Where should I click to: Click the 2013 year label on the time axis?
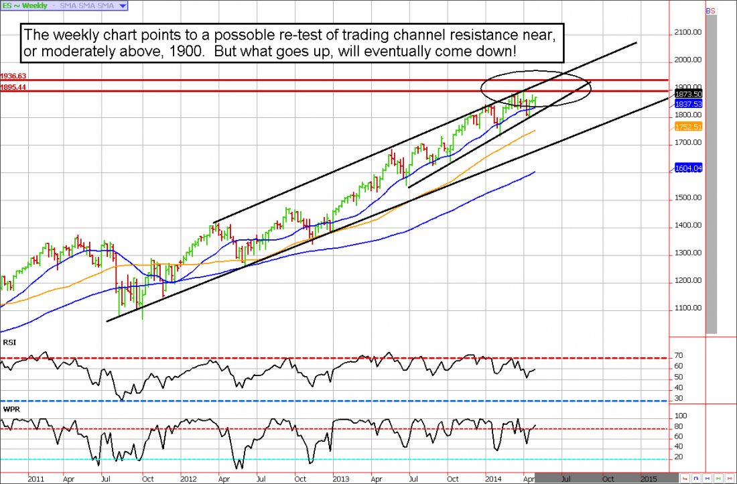click(342, 479)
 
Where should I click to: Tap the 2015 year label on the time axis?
click(648, 479)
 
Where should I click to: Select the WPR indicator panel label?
click(10, 406)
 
